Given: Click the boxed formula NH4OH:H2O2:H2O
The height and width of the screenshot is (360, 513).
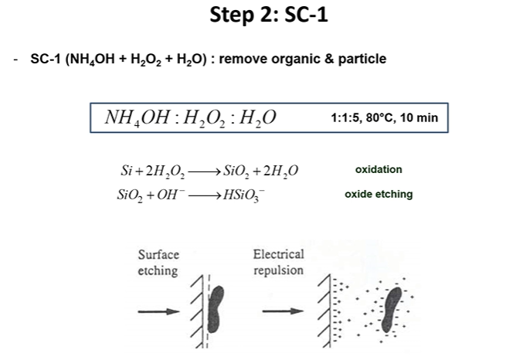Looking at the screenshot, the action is tap(190, 118).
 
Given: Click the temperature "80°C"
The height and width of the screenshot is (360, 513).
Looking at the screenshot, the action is tap(379, 119).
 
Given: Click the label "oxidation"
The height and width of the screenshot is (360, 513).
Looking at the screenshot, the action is tap(379, 170).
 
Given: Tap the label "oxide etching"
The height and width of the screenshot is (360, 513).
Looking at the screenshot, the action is tap(379, 195).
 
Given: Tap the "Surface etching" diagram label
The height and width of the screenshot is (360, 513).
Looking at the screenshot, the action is tap(158, 263).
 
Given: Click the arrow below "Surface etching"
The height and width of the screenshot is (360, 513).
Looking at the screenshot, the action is tap(159, 311).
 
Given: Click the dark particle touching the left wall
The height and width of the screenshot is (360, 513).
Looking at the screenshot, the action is tap(218, 307).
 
